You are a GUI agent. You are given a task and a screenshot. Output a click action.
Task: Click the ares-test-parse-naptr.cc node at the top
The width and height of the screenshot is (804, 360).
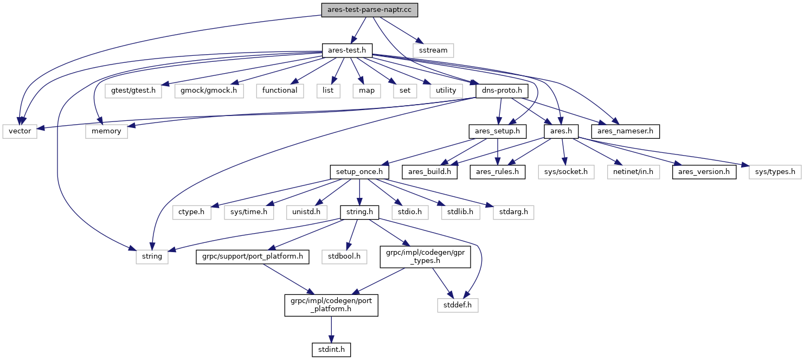[x=369, y=10]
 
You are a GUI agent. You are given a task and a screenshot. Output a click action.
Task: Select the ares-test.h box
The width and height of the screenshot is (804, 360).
[x=347, y=50]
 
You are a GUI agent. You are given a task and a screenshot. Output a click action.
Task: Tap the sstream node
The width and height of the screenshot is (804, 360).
[x=433, y=50]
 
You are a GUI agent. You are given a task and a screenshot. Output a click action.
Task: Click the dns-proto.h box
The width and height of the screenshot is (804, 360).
[x=502, y=91]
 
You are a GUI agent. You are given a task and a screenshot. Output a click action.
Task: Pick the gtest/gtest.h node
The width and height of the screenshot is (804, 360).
[x=133, y=91]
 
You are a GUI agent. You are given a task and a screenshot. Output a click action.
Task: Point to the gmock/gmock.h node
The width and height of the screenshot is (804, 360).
[x=209, y=91]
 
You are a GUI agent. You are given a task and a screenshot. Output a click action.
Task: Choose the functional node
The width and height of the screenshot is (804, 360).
[x=280, y=91]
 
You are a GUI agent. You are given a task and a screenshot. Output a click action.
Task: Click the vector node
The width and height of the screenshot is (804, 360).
[x=20, y=131]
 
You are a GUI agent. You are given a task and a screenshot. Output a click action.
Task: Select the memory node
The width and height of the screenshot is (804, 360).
[x=106, y=131]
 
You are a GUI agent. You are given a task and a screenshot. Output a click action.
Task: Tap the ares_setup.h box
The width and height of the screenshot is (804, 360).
[x=498, y=131]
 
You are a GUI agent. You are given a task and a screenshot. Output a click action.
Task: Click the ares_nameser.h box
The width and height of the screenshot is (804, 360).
[x=625, y=131]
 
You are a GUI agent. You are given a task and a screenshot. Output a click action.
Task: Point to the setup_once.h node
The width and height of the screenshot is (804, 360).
[x=359, y=172]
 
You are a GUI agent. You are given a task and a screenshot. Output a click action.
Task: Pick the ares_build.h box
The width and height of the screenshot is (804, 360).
[x=429, y=172]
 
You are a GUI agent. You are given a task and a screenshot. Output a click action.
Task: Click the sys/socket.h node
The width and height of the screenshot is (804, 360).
[x=566, y=172]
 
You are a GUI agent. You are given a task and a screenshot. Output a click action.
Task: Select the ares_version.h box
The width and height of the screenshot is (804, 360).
[x=704, y=172]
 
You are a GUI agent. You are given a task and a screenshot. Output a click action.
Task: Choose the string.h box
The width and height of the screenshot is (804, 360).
[x=359, y=212]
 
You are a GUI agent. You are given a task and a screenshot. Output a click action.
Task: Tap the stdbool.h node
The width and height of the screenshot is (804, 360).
[x=344, y=256]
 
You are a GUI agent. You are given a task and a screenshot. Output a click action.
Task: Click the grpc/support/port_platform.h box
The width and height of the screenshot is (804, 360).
[x=252, y=256]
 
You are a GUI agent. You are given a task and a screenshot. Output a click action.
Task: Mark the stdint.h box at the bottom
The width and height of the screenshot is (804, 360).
[x=331, y=350]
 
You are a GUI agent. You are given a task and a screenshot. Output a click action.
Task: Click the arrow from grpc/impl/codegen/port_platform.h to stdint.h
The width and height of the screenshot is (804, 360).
[x=331, y=330]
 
